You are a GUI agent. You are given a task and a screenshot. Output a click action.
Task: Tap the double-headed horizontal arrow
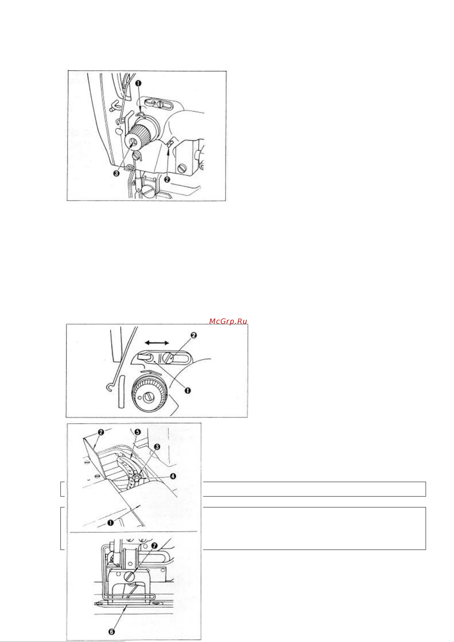pos(157,343)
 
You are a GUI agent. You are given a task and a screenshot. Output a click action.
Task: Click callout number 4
pos(173,476)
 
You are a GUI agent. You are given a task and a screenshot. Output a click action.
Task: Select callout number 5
pos(138,432)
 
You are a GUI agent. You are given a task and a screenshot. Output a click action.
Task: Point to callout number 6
pos(111,632)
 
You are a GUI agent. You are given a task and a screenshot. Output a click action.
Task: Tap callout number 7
pos(154,546)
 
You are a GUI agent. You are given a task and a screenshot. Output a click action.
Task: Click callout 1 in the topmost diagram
pos(138,83)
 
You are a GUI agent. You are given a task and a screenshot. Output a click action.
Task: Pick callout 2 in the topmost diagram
pos(167,179)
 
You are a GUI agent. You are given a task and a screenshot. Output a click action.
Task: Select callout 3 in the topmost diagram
pos(116,173)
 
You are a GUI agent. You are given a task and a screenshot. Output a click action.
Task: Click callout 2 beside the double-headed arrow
pos(193,335)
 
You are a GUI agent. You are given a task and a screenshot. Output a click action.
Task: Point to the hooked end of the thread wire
pos(109,388)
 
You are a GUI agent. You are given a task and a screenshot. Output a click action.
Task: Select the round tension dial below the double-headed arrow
pos(149,394)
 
